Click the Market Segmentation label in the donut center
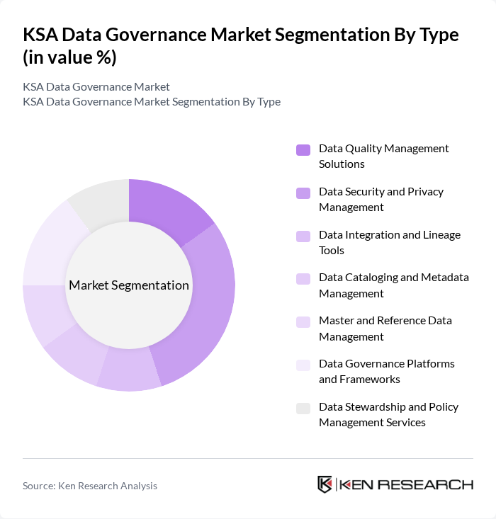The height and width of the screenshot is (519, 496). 129,285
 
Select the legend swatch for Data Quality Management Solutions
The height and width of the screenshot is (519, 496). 303,149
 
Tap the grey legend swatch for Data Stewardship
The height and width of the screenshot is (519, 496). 303,408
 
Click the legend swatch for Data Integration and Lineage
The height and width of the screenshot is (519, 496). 303,236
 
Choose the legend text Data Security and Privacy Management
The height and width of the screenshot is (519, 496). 381,199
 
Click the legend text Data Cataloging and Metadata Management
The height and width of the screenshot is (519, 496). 393,285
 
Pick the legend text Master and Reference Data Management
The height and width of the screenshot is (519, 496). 385,329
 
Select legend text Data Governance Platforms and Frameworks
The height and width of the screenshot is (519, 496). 386,371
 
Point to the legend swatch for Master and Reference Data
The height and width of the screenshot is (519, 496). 303,322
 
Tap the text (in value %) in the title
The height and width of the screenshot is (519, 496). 69,58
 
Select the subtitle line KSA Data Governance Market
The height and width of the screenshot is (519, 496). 96,86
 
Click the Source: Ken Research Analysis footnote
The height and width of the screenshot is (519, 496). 90,486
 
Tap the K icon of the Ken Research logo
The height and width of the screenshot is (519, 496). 325,484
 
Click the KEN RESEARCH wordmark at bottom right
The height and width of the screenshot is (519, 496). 407,485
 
